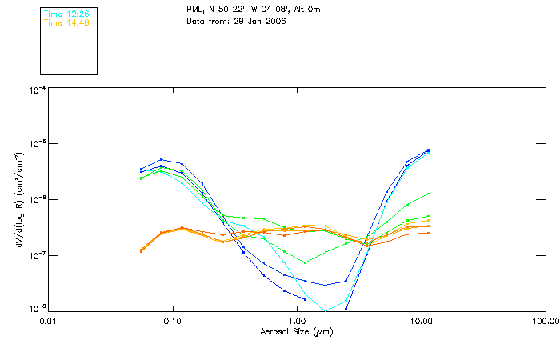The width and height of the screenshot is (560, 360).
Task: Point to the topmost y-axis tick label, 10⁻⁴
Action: [36, 90]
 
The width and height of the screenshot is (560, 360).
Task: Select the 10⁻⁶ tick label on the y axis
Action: [36, 200]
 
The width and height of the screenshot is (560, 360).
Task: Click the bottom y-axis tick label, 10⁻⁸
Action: [36, 308]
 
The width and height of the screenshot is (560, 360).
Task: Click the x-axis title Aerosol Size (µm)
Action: [297, 330]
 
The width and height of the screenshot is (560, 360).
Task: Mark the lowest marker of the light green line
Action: [305, 262]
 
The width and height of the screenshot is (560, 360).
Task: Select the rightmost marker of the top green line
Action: [429, 194]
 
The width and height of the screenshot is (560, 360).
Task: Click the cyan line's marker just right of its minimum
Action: [346, 300]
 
